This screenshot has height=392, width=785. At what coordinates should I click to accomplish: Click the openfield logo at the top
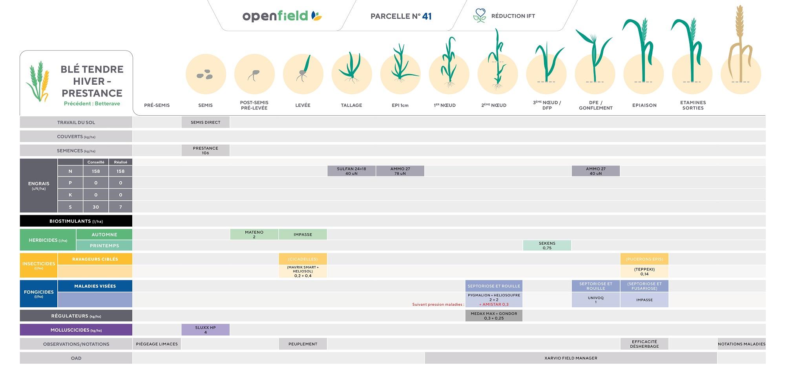pos(282,16)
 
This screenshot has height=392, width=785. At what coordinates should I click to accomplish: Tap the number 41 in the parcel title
pos(427,16)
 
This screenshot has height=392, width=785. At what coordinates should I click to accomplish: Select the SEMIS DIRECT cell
pos(205,122)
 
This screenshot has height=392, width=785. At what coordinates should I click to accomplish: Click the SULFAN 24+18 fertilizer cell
pos(351,171)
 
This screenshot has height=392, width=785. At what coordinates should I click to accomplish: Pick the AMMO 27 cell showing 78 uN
pos(400,171)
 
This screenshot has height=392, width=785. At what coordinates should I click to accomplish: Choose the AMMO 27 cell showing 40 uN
pos(595,171)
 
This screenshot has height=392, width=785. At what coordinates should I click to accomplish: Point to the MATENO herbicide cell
pos(254,234)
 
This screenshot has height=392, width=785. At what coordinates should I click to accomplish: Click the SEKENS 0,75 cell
pos(547,245)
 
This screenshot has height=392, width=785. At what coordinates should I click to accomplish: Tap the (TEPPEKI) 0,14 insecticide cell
pos(644,271)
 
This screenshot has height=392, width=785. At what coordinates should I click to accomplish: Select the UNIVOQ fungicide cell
pos(595,300)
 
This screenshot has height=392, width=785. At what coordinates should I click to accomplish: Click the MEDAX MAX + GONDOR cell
pos(494,316)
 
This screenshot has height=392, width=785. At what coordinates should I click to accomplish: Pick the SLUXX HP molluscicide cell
pos(205,330)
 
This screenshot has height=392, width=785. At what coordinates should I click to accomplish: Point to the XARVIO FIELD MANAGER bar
pos(571,358)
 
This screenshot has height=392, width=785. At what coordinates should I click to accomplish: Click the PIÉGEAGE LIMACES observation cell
pos(157,344)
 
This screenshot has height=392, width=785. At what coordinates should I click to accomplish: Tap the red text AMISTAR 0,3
pos(494,305)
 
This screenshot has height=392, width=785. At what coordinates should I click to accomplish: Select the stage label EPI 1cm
pos(400,105)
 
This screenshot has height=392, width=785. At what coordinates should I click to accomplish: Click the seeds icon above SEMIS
pos(204,74)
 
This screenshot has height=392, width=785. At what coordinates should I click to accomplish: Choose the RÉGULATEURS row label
pos(76,316)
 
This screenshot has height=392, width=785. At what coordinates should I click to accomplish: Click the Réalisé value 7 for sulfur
pos(120,207)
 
